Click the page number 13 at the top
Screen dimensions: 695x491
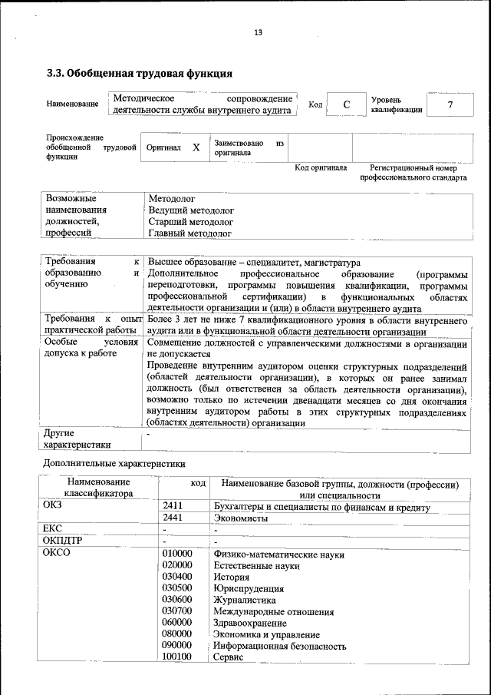click(258, 32)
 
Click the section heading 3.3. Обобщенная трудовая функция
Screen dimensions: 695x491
click(139, 74)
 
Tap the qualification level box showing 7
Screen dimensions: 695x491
click(450, 104)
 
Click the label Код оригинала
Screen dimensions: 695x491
click(321, 167)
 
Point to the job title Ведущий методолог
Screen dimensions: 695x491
click(191, 210)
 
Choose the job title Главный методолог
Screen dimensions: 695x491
click(189, 233)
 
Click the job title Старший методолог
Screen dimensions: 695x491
click(190, 222)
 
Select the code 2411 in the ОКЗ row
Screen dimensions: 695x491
click(172, 507)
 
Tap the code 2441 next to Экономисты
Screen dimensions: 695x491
click(172, 518)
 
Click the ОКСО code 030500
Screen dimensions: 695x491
click(177, 588)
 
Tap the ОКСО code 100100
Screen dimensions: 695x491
click(177, 657)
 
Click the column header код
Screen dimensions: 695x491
click(198, 483)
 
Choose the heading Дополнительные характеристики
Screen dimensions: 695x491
click(114, 463)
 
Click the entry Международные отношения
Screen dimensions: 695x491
click(273, 612)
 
